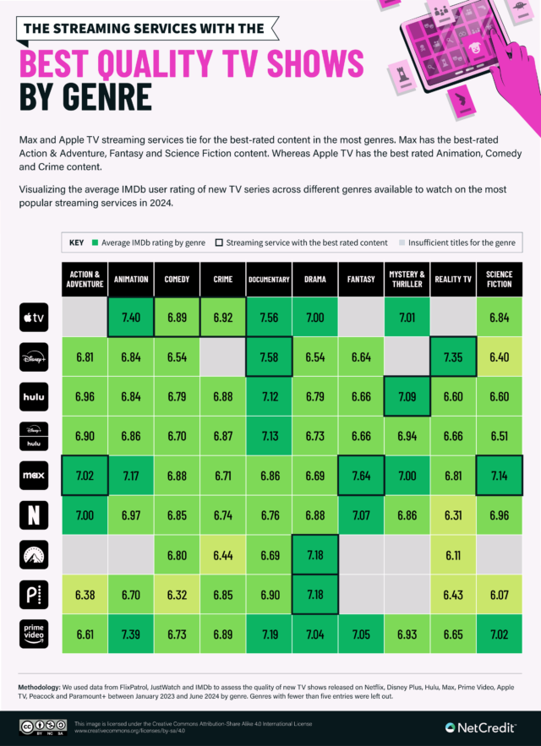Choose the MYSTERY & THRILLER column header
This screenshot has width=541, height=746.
[x=407, y=280]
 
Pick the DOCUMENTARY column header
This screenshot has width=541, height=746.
[x=270, y=280]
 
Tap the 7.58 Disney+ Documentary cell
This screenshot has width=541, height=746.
[x=270, y=357]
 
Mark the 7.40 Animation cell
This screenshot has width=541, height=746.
[x=131, y=318]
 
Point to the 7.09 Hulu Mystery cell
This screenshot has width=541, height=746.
[x=407, y=396]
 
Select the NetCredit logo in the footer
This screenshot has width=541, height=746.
[x=483, y=727]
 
